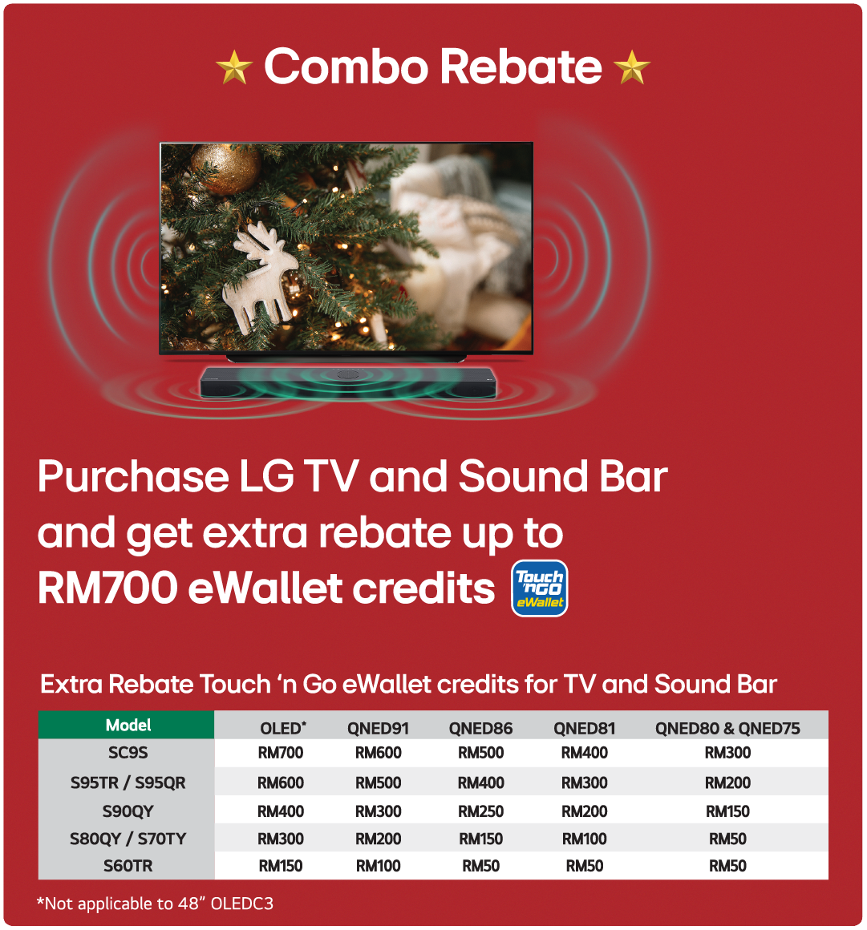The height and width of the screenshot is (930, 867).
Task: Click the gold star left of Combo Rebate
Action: point(234,67)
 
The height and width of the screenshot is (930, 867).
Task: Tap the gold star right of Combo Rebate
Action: point(631,67)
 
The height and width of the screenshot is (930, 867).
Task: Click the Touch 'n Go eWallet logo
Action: point(540,588)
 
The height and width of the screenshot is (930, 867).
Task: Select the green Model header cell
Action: point(127,725)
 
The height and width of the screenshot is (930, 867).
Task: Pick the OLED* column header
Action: point(283,728)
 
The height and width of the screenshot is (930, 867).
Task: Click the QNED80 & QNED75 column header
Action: point(727,728)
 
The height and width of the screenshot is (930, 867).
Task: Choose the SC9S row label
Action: point(128,753)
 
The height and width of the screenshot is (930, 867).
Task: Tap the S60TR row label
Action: point(128,866)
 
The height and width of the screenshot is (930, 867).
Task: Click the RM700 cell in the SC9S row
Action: point(281,753)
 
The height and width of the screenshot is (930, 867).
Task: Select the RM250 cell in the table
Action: point(480,811)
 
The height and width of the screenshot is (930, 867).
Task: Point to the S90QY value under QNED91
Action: point(378,811)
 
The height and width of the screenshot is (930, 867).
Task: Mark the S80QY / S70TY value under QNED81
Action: point(585,839)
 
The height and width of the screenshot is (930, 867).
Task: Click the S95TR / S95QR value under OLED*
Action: point(281,783)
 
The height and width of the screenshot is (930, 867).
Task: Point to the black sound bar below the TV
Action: point(348,382)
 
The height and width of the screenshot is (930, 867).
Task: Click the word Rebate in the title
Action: point(521,67)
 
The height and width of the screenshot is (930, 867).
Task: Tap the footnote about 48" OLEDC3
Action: point(155,904)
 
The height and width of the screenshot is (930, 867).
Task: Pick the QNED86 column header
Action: point(480,728)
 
